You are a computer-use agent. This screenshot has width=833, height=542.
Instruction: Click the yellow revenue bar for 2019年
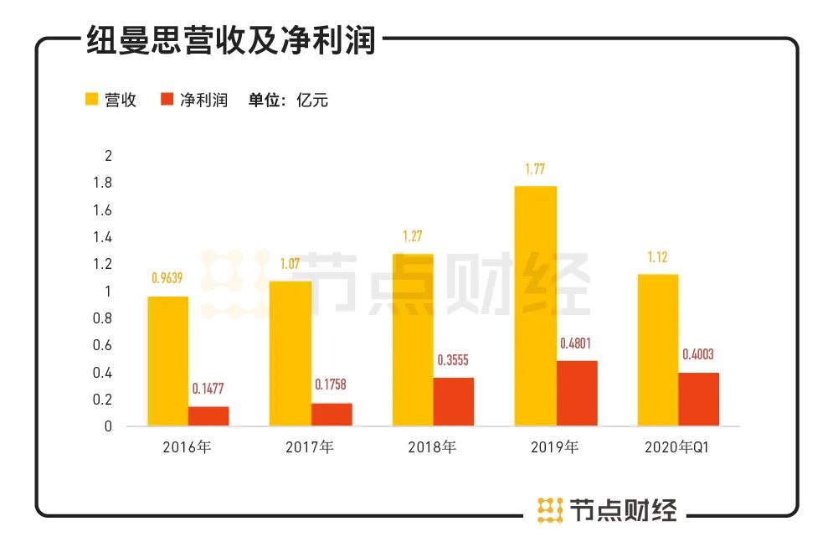pyautogui.click(x=536, y=306)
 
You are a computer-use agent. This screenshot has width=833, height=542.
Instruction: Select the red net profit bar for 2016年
pyautogui.click(x=208, y=416)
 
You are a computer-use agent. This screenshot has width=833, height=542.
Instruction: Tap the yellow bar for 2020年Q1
pyautogui.click(x=658, y=350)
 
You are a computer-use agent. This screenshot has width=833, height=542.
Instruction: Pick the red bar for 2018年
pyautogui.click(x=454, y=402)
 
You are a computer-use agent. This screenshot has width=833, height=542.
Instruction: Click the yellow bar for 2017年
pyautogui.click(x=291, y=354)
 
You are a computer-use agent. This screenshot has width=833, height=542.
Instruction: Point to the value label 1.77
pyautogui.click(x=536, y=170)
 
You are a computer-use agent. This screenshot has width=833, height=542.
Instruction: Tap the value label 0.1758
pyautogui.click(x=331, y=385)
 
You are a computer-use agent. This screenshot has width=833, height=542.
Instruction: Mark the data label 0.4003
pyautogui.click(x=699, y=355)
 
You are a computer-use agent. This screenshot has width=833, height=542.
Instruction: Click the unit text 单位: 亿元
pyautogui.click(x=288, y=101)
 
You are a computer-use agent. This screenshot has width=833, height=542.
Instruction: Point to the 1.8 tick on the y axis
pyautogui.click(x=104, y=183)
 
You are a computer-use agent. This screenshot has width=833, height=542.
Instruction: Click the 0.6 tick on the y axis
pyautogui.click(x=104, y=345)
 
